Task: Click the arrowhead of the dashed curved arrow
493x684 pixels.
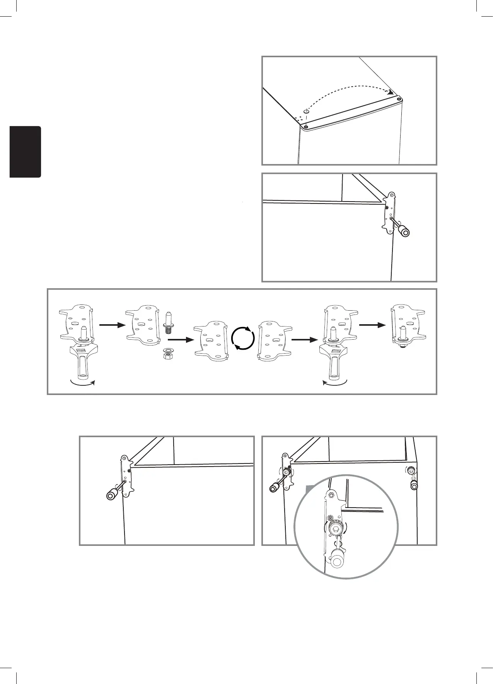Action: [x=391, y=92]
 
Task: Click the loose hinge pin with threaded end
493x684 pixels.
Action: [x=169, y=323]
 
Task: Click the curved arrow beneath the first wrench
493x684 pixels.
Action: [x=82, y=383]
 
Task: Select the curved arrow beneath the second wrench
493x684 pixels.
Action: [x=335, y=383]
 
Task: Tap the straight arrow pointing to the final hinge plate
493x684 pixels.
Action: [x=372, y=325]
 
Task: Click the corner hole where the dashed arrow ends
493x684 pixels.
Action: [x=399, y=99]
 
